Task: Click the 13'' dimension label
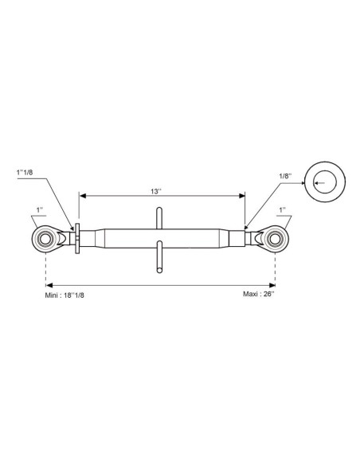pos(155,192)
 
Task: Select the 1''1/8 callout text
pos(25,173)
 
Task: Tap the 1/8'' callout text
pos(285,176)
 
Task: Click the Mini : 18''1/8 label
pos(65,295)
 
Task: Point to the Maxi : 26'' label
pos(259,294)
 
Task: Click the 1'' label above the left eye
pos(40,210)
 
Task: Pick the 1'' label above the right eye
pos(282,210)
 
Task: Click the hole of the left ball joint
pos(45,239)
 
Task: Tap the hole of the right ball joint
pos(275,239)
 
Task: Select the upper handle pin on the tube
pos(159,218)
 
